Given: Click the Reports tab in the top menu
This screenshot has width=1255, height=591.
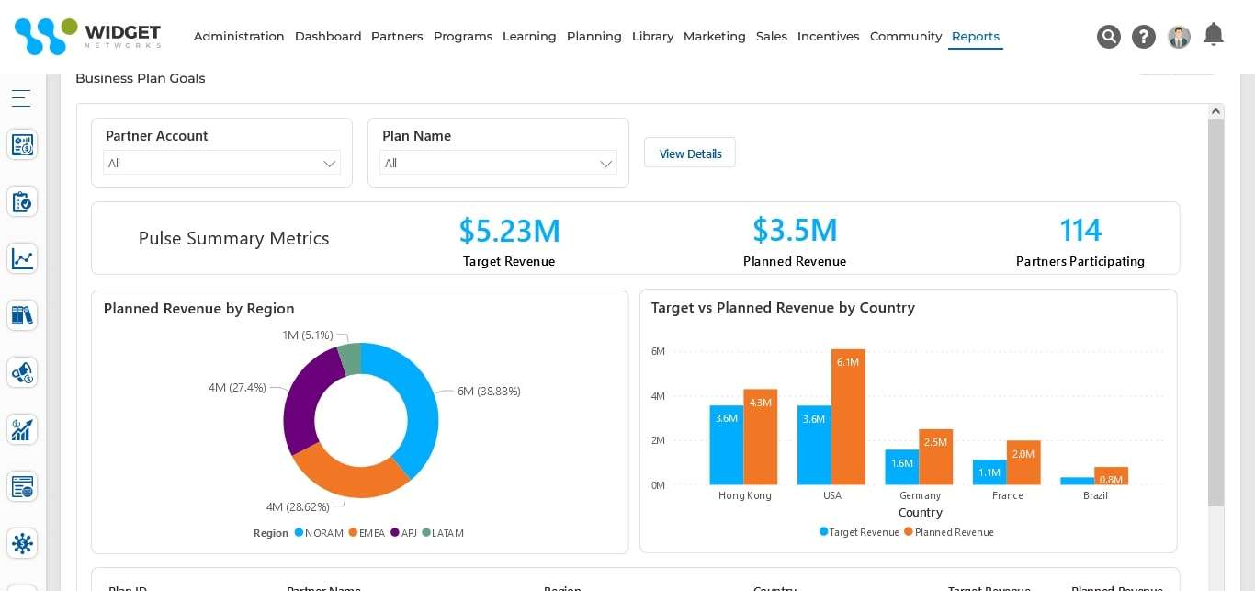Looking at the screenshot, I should coord(975,37).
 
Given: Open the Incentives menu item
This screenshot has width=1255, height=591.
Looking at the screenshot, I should coord(828,37).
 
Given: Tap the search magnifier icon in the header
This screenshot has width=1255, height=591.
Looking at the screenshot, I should coord(1108,37).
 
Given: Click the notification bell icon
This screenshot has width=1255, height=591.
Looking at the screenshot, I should coord(1213,35).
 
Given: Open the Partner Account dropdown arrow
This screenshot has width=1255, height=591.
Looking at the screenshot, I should coord(329,164).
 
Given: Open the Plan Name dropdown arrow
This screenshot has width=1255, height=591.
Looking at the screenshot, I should coord(605,164).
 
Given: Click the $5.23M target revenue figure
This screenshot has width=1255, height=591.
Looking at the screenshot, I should coord(509,230).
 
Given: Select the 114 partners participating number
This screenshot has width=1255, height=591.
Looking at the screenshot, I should coord(1080,230).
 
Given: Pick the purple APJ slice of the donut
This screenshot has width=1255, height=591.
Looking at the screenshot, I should coord(304,396).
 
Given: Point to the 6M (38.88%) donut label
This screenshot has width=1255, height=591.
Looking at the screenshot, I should coord(489,391).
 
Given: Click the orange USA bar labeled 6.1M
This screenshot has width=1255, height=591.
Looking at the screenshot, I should coord(847,418).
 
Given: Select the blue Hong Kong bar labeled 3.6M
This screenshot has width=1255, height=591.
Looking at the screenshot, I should coord(726,446).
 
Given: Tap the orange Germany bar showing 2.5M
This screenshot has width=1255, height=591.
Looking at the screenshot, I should coord(935,458).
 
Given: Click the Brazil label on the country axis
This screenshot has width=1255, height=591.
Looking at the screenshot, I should coord(1095,495).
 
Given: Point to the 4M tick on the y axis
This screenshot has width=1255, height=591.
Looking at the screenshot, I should coord(658,396).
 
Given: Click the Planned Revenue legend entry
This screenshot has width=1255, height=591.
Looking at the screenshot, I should coord(954,532).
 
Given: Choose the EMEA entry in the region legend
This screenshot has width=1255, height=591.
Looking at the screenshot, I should coord(371,533).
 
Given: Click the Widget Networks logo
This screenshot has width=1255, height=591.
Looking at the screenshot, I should coord(88,36).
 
